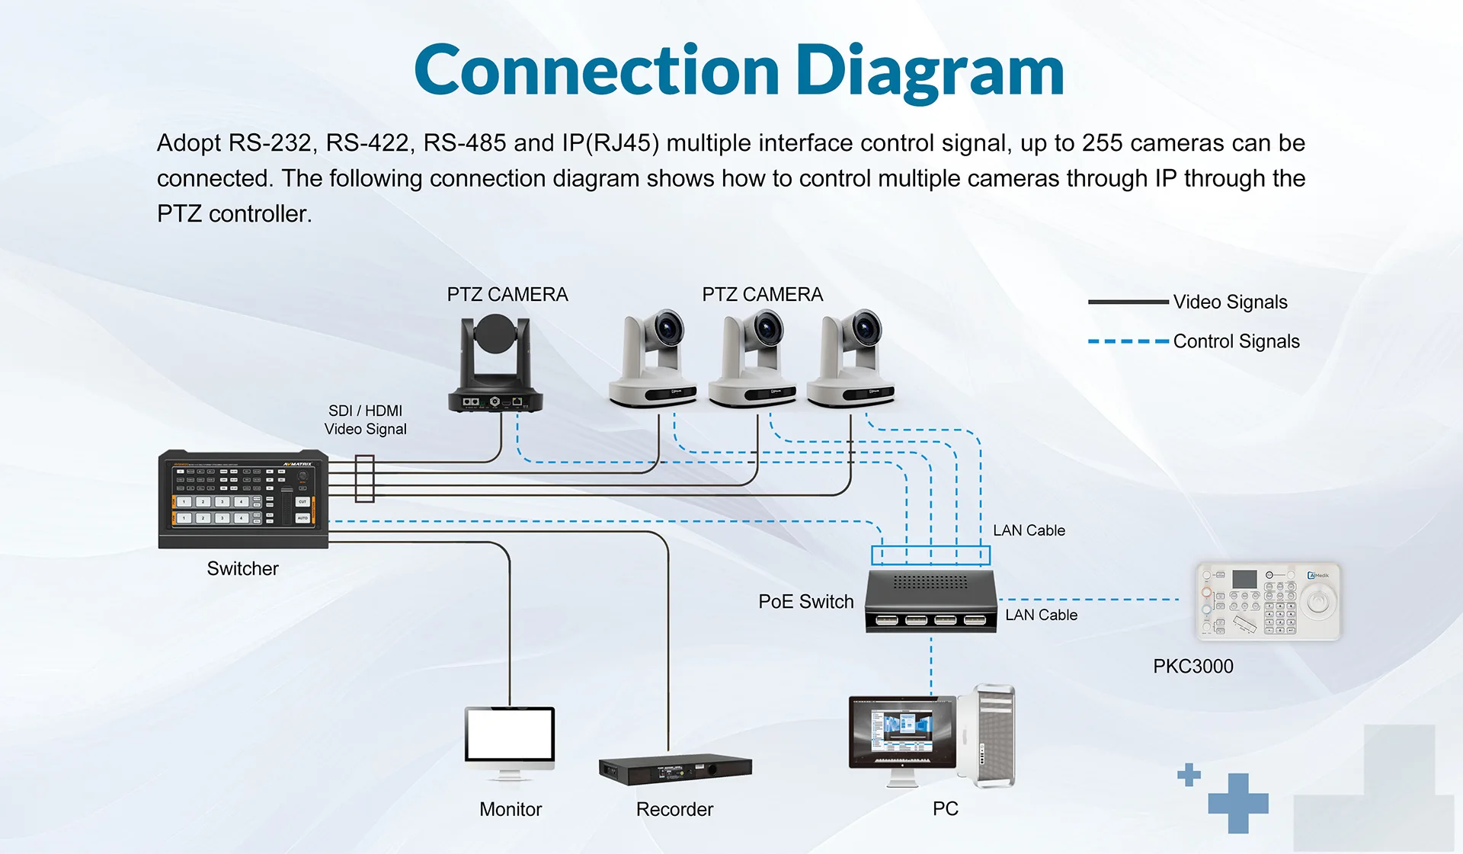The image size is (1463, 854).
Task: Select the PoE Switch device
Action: (x=930, y=601)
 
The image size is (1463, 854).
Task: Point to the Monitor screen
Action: (x=510, y=734)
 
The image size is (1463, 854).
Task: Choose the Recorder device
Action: (x=675, y=769)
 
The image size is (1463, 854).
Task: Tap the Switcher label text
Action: (x=242, y=569)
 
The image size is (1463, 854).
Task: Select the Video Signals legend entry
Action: (x=1229, y=302)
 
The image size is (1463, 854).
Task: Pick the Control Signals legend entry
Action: (x=1235, y=342)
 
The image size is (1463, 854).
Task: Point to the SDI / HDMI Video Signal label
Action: (x=365, y=420)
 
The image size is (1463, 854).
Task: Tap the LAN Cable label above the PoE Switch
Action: (x=1028, y=530)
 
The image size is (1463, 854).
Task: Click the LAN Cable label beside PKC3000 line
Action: (x=1040, y=615)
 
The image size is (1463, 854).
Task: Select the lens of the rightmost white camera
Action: (x=866, y=330)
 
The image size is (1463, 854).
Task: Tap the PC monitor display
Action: (x=902, y=729)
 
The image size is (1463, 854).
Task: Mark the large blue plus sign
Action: (x=1237, y=803)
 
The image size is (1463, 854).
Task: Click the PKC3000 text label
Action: (x=1192, y=667)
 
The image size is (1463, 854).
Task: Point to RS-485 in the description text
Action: (x=464, y=143)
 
